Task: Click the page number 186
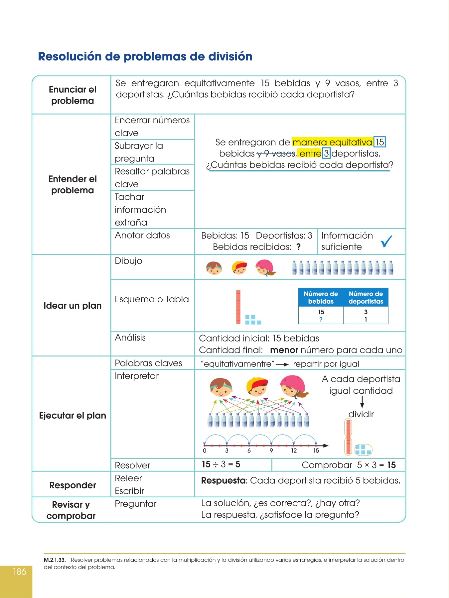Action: [19, 572]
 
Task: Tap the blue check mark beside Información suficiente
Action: [386, 241]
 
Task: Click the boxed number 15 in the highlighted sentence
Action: [379, 142]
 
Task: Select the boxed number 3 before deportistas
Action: [326, 153]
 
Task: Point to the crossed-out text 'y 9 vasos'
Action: [276, 153]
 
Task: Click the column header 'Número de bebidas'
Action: [321, 297]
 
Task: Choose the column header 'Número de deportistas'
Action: [366, 297]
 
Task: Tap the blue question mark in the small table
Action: [321, 319]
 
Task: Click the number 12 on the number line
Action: [294, 451]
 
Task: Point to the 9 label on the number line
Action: [271, 451]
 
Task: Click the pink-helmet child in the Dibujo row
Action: [265, 268]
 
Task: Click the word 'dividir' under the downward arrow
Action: [361, 414]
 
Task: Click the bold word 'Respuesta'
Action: [223, 480]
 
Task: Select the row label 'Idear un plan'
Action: [73, 306]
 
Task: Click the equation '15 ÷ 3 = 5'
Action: [221, 464]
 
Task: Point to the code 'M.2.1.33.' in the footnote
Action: [55, 560]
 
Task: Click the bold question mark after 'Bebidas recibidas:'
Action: [298, 247]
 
